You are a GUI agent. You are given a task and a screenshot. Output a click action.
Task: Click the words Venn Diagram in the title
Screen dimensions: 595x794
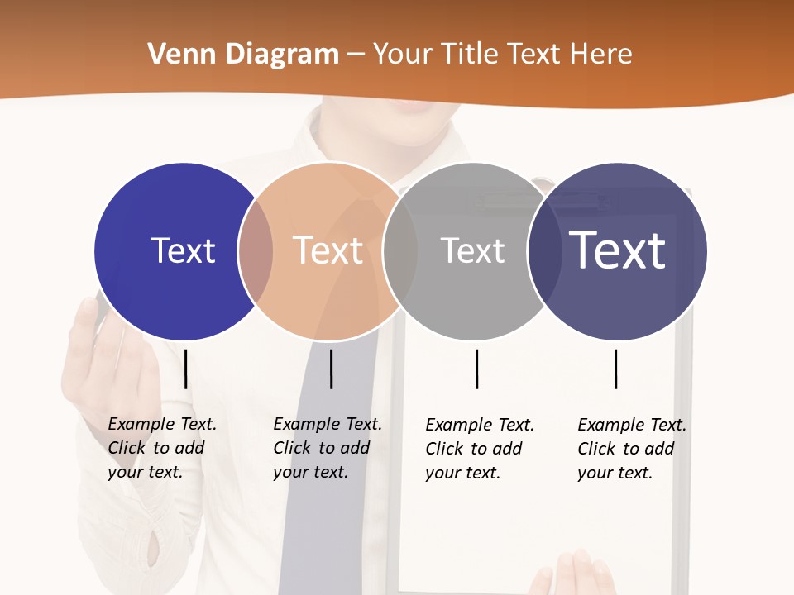pos(243,55)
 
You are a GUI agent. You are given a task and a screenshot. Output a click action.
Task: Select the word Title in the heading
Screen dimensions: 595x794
pos(470,55)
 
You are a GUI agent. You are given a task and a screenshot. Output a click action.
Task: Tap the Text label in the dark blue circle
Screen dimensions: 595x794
pos(183,250)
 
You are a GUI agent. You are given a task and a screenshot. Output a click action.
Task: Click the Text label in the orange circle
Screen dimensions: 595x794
pos(328,250)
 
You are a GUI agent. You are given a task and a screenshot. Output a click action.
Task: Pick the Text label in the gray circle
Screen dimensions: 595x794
pos(472,250)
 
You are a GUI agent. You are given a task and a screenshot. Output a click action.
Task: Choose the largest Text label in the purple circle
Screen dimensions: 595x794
pos(618,250)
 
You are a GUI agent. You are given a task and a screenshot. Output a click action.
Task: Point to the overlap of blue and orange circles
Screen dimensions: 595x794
pos(256,251)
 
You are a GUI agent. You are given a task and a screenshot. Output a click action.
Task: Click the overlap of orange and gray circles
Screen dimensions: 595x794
pos(400,251)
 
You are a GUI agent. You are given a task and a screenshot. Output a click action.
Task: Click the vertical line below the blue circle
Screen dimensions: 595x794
pos(186,369)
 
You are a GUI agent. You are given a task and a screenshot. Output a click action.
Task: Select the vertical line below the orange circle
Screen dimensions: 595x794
pos(331,369)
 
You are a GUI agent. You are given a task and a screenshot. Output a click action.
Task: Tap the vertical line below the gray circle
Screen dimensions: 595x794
pos(476,369)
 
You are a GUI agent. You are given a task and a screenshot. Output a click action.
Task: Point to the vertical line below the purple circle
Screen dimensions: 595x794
pos(616,369)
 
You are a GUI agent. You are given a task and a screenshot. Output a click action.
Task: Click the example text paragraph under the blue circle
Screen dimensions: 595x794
pos(161,448)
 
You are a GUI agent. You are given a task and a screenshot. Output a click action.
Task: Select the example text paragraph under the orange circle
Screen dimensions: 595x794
pos(327,448)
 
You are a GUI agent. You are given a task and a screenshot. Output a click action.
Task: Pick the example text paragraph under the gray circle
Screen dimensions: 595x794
pos(479,449)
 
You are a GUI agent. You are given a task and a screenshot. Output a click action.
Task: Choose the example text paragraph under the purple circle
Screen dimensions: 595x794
pos(631,449)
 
